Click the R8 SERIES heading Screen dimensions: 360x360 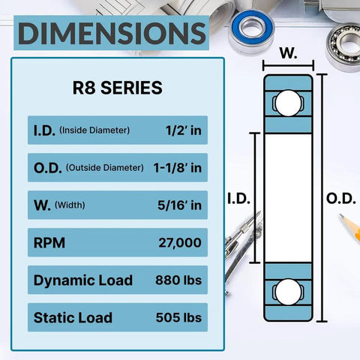click(x=117, y=88)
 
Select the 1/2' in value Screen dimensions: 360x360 click(x=183, y=130)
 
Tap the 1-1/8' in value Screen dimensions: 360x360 click(x=175, y=167)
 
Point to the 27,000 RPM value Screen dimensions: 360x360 click(x=180, y=242)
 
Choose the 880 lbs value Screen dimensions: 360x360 click(x=177, y=280)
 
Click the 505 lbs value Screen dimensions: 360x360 click(x=177, y=317)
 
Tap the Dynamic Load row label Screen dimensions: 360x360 click(x=82, y=280)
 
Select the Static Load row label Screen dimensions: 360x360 click(x=73, y=317)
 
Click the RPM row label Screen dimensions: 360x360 click(x=49, y=242)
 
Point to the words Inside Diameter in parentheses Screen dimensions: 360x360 click(x=95, y=130)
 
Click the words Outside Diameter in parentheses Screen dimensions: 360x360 click(x=105, y=168)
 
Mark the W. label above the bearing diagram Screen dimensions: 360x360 click(x=288, y=54)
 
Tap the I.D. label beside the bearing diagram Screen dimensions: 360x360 click(x=238, y=198)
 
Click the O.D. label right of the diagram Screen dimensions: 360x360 click(x=342, y=198)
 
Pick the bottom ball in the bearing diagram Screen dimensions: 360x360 click(x=287, y=293)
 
